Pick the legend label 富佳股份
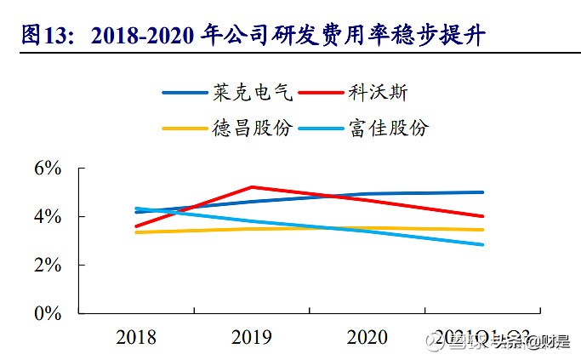point(389,129)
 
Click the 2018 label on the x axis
point(135,337)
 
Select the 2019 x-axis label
point(252,337)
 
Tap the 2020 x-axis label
point(367,337)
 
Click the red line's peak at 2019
point(252,186)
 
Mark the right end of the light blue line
point(483,244)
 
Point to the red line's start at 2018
point(136,226)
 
